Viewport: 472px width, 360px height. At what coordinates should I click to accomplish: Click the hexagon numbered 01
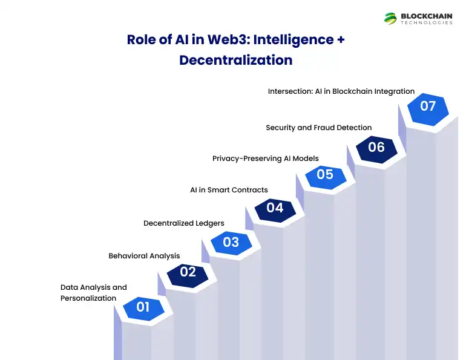142,307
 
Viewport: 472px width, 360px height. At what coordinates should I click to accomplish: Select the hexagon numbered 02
188,272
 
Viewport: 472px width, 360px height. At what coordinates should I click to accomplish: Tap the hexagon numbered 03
231,242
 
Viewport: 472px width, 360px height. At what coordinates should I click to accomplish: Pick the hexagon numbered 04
275,208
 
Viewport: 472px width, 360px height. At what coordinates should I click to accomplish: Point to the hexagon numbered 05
325,174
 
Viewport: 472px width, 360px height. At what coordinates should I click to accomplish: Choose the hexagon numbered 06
376,147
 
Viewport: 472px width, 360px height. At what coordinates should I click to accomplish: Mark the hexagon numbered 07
428,106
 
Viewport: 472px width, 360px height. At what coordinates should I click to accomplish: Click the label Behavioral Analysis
144,256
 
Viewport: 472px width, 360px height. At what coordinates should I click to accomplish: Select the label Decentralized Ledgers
183,223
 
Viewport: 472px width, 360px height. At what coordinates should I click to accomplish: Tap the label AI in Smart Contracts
229,190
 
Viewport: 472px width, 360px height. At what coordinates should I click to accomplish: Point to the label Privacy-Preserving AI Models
265,159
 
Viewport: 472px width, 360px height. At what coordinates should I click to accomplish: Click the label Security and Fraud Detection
318,128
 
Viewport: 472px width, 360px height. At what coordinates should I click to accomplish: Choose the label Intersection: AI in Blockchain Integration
341,91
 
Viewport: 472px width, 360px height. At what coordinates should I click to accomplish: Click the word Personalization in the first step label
88,298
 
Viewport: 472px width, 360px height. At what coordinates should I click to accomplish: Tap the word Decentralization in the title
236,60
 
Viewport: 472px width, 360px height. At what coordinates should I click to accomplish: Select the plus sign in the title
340,40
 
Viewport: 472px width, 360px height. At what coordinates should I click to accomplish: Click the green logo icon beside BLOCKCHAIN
390,19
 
